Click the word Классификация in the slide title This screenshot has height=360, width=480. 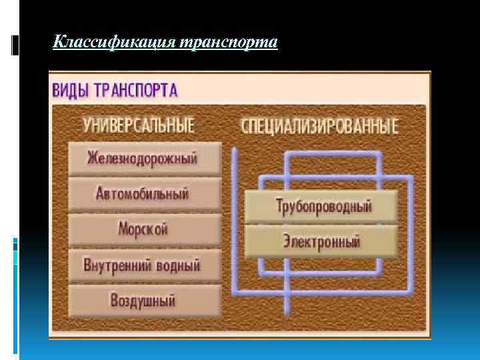coord(109,43)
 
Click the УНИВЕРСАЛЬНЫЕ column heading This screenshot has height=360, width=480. coord(139,125)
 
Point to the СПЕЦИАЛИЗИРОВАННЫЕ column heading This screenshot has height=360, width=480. coord(319,125)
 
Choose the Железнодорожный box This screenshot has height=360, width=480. coord(143,159)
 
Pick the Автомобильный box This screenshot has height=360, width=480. coord(143,194)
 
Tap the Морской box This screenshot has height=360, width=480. coord(143,229)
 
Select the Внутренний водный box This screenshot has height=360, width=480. coord(143,265)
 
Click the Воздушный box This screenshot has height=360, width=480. coord(143,300)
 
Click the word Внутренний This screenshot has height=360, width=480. coord(117,265)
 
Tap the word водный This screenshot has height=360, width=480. coord(178,265)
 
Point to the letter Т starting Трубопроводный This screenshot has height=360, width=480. coord(279,205)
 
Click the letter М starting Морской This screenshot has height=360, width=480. coord(123,229)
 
